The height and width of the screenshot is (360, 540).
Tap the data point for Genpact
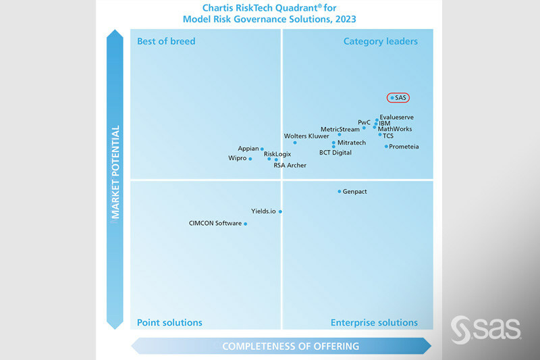[x=340, y=192]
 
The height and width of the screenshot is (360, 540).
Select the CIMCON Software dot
[x=246, y=224]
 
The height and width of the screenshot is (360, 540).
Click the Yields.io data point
[x=280, y=211]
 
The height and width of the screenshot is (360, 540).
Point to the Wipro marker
[x=250, y=159]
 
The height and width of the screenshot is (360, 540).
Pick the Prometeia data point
[x=386, y=147]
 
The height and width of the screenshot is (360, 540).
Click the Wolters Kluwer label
[x=306, y=136]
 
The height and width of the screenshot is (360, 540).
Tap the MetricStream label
[x=340, y=129]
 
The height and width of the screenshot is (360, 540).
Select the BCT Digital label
[x=335, y=153]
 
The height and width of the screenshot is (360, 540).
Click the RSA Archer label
[x=290, y=165]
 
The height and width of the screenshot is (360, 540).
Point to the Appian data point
[x=262, y=149]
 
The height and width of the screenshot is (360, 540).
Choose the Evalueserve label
[x=396, y=117]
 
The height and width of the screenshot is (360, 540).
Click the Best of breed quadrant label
[x=166, y=41]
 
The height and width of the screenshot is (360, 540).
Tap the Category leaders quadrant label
[x=381, y=41]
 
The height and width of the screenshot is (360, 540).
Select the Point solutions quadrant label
[x=169, y=322]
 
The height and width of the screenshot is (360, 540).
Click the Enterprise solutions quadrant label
[x=374, y=322]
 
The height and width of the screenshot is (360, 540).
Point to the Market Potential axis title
[x=115, y=172]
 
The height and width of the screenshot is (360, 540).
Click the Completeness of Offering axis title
[x=290, y=346]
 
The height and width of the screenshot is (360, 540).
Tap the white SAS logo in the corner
[x=486, y=328]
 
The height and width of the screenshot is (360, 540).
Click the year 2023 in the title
[x=344, y=20]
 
